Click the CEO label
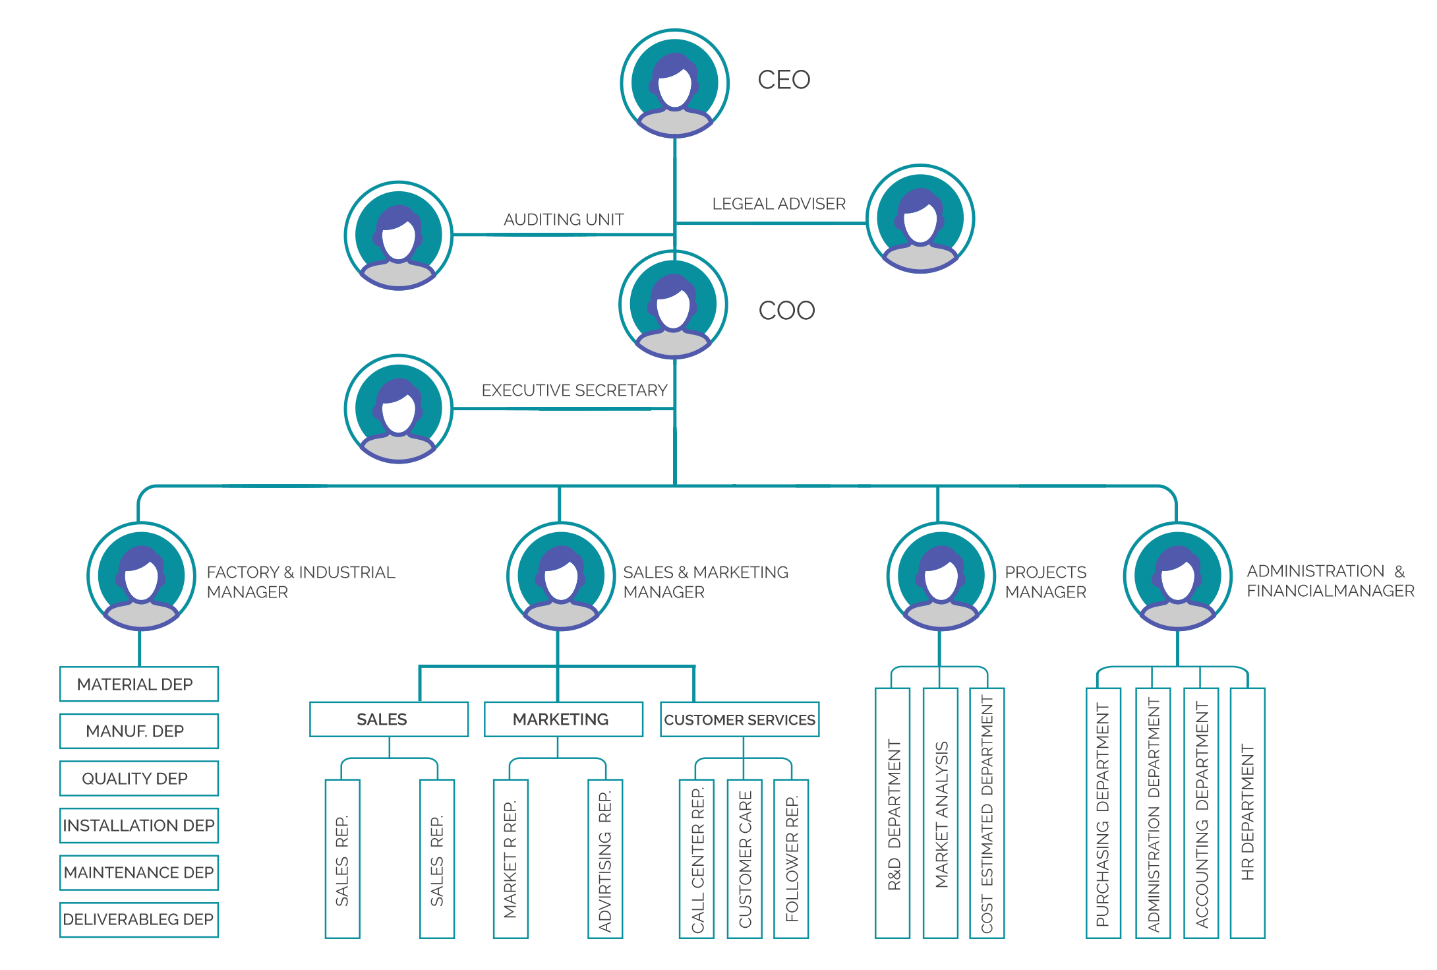click(x=784, y=80)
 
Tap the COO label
click(x=786, y=311)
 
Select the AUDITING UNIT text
click(x=564, y=219)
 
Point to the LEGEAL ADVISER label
click(x=778, y=204)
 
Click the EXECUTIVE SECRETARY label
click(x=575, y=390)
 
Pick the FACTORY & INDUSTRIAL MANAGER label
click(x=300, y=582)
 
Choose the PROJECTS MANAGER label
click(x=1045, y=582)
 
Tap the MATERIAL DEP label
click(x=134, y=684)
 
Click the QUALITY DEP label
click(x=134, y=779)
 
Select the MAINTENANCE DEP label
click(x=138, y=872)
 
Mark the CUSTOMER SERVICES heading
click(x=740, y=719)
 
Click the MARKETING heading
click(x=561, y=719)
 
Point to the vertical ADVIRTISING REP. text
click(x=604, y=861)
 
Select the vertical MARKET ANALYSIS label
click(x=942, y=814)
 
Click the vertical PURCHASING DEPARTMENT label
click(x=1101, y=814)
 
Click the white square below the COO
click(x=738, y=462)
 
